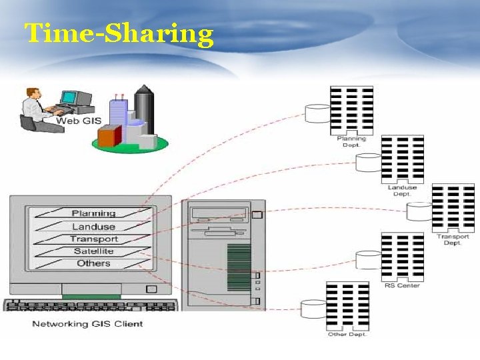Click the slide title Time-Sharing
click(x=119, y=33)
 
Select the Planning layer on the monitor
click(x=93, y=213)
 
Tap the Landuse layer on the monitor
click(x=93, y=227)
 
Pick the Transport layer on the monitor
click(x=93, y=239)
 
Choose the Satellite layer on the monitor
click(x=93, y=251)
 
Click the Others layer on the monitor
click(x=93, y=263)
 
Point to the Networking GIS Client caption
click(x=87, y=324)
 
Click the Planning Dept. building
click(x=351, y=110)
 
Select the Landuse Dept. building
click(x=402, y=159)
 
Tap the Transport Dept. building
click(x=453, y=209)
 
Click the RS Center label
click(x=402, y=285)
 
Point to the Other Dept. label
click(x=347, y=334)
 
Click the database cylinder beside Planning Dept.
click(x=317, y=114)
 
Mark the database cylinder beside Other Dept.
click(x=313, y=309)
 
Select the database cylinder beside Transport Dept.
click(x=419, y=212)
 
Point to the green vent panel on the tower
click(x=239, y=267)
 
